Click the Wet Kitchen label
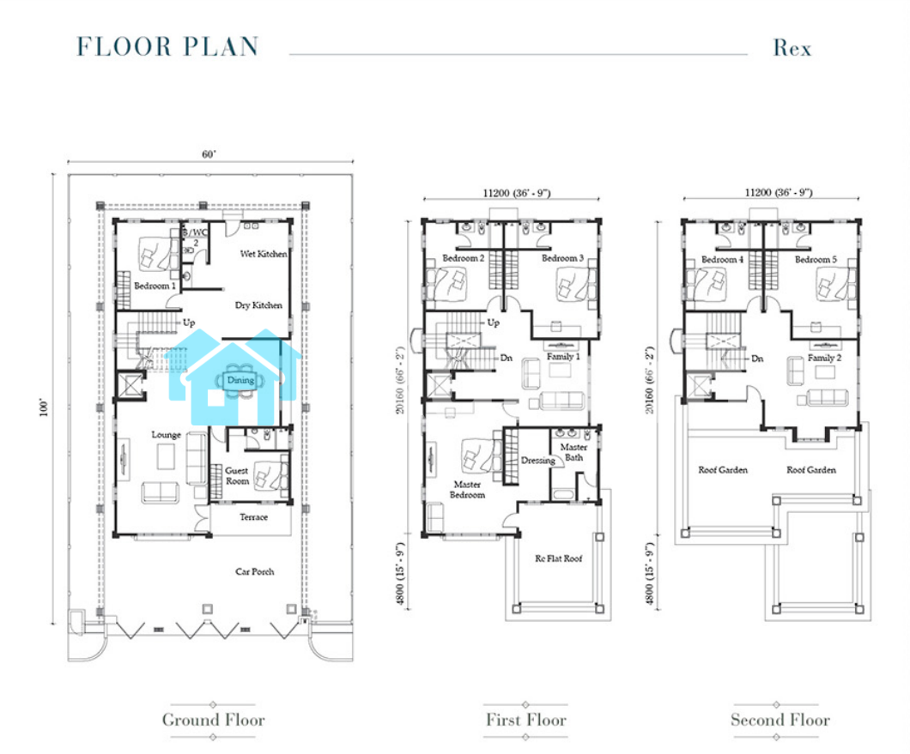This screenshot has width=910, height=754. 264,254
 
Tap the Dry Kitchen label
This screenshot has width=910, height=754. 258,305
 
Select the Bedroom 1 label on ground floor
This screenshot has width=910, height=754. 155,286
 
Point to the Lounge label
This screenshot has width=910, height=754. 166,434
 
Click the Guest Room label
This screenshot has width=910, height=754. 237,475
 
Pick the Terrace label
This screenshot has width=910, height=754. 253,516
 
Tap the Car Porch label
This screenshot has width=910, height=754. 254,571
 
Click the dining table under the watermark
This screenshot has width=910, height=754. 240,381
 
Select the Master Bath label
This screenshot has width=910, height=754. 573,452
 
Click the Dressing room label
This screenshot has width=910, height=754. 538,461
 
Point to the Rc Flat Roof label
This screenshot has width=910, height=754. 558,558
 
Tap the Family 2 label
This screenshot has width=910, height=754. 824,358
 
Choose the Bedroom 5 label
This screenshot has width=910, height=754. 816,259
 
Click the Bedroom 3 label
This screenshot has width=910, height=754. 562,258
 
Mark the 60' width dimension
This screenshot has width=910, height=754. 209,154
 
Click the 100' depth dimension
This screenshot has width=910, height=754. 44,407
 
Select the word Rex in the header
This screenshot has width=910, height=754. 792,47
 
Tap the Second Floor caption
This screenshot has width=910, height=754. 780,720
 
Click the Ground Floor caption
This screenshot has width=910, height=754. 213,720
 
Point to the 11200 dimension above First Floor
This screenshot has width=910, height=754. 495,193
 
